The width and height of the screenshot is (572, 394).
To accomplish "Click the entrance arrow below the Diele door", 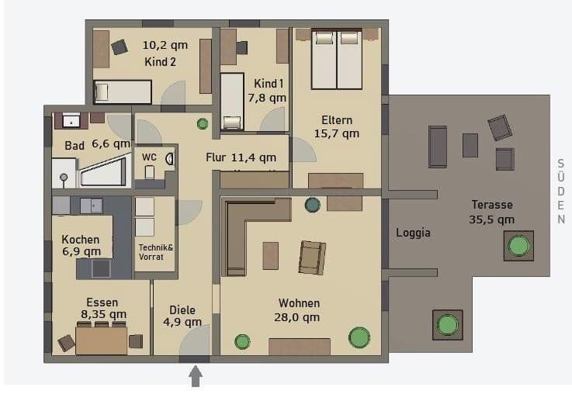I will pyautogui.click(x=196, y=376).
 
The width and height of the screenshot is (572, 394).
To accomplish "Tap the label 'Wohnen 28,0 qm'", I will pyautogui.click(x=299, y=310).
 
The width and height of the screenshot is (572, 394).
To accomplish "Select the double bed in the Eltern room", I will pyautogui.click(x=337, y=59).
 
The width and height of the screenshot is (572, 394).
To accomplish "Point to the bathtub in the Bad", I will pyautogui.click(x=105, y=171).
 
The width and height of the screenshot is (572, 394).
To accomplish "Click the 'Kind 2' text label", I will pyautogui.click(x=161, y=62).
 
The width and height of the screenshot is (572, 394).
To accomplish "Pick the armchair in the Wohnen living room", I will pyautogui.click(x=311, y=257).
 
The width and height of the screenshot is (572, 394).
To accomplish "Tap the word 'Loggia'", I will pyautogui.click(x=413, y=232).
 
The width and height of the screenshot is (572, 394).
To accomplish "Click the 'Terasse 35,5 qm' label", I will pyautogui.click(x=493, y=212).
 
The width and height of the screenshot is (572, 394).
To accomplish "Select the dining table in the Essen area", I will pyautogui.click(x=101, y=340).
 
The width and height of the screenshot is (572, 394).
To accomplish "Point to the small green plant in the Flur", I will pyautogui.click(x=203, y=123).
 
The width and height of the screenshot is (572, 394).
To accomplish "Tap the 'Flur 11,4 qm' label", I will pyautogui.click(x=241, y=158).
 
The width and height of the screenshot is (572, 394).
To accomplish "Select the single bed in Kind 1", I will pyautogui.click(x=232, y=101).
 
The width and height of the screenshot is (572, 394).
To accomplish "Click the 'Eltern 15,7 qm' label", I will pyautogui.click(x=337, y=126).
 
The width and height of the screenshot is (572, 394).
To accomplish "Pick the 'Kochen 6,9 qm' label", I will pyautogui.click(x=81, y=245).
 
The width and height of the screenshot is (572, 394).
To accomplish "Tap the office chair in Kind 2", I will pyautogui.click(x=119, y=47).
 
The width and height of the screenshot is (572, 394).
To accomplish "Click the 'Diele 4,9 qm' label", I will pyautogui.click(x=185, y=316).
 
